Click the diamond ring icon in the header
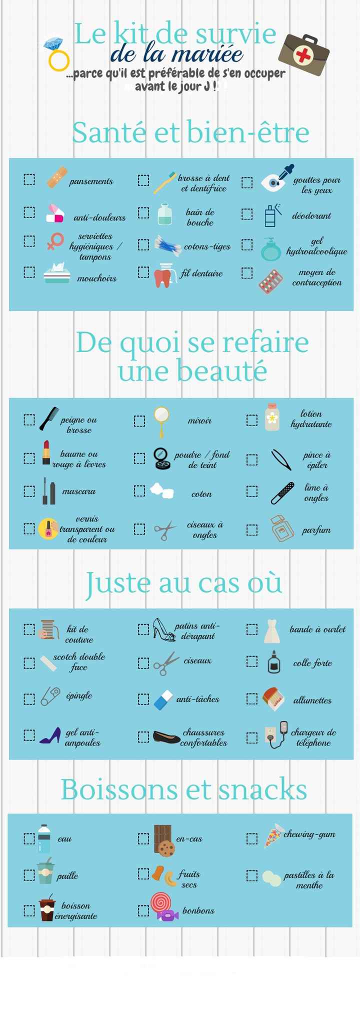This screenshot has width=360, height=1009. click(x=56, y=54)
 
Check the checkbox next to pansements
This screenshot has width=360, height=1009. click(x=29, y=179)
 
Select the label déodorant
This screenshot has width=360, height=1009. click(x=311, y=216)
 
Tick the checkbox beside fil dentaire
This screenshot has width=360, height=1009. click(x=143, y=272)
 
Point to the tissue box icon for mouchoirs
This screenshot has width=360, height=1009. click(x=56, y=273)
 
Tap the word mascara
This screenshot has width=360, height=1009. click(x=78, y=491)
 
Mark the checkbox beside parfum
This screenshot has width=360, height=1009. click(x=252, y=529)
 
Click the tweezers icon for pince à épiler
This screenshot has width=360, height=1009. click(x=281, y=459)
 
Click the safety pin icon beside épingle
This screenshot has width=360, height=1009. click(x=50, y=695)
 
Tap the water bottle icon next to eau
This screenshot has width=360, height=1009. click(x=44, y=838)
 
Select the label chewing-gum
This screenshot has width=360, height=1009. click(x=309, y=834)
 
